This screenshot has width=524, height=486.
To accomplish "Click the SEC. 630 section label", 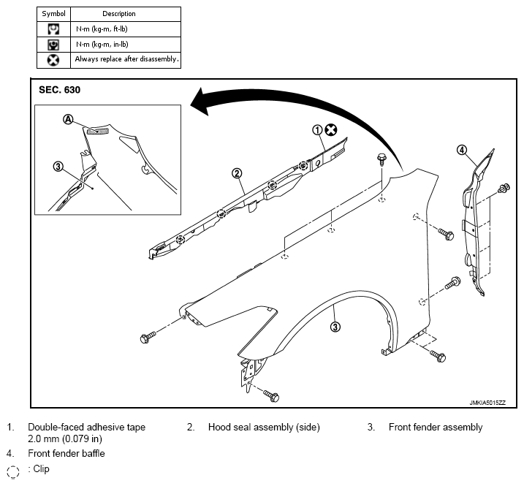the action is [59, 90].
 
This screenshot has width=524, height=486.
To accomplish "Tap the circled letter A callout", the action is [68, 119].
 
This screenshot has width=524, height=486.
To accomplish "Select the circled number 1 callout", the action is [317, 130].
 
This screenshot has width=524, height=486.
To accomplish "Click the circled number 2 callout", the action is [237, 173].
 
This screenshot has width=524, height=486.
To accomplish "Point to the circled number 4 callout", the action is [462, 150].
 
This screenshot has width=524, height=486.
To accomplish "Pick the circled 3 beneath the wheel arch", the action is [335, 327].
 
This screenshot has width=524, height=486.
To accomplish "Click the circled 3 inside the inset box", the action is [58, 166].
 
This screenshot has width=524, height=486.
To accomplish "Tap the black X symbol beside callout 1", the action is [331, 129].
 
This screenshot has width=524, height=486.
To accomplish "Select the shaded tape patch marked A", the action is [98, 132].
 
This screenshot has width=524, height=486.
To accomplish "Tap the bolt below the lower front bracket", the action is [271, 396].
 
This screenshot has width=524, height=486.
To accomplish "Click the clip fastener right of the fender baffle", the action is [504, 189].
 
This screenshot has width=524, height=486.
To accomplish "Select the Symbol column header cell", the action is [53, 14].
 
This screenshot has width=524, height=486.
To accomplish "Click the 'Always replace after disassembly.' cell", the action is [126, 60].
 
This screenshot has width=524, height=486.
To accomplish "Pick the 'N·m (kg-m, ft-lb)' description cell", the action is [126, 29].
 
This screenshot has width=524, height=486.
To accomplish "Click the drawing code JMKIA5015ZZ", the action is [487, 403].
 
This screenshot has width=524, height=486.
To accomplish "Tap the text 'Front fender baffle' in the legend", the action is [67, 454].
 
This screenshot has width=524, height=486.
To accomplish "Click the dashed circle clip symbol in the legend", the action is [13, 472].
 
